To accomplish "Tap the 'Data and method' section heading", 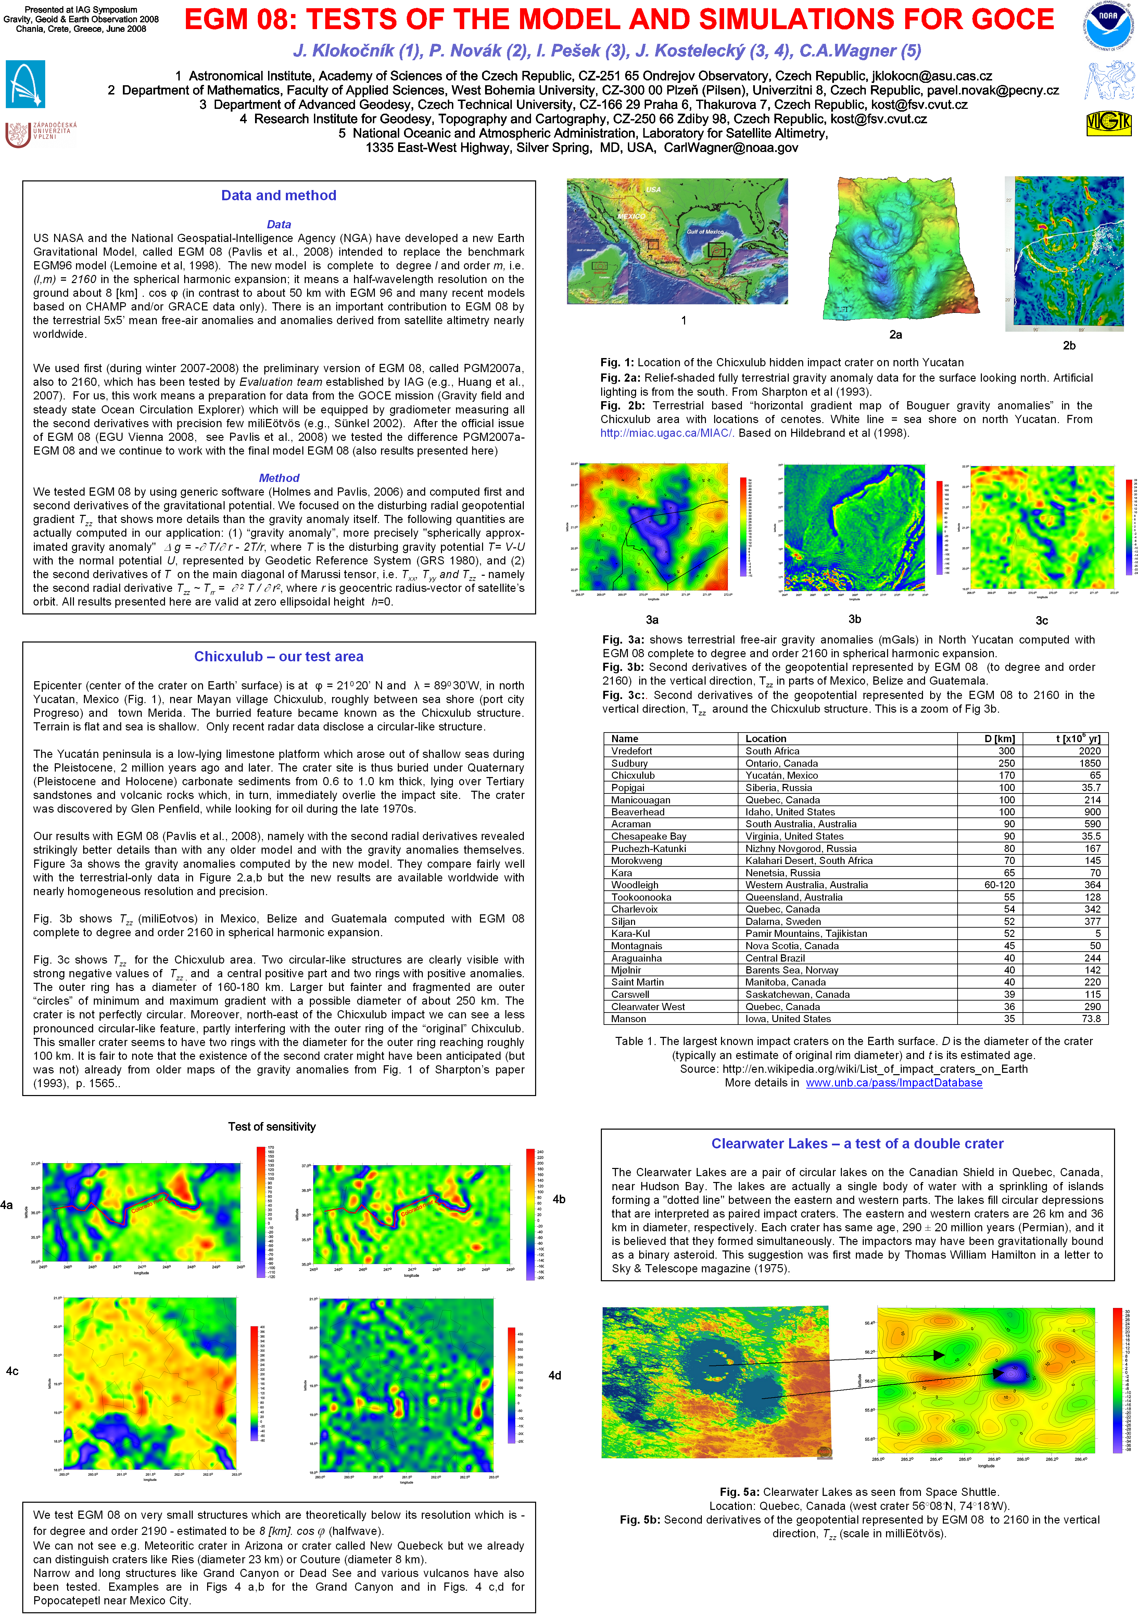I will [x=279, y=195].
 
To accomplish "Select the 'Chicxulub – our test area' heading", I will [x=279, y=656].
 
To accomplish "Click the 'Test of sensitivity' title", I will [x=271, y=1126].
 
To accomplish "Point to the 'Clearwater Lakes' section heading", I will [x=857, y=1143].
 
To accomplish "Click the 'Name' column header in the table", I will [x=624, y=739].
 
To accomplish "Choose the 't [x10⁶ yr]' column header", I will [x=1077, y=739].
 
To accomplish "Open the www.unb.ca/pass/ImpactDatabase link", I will [x=893, y=1082].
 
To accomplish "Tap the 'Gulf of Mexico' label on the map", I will [x=705, y=231].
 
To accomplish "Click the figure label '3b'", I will [x=855, y=619].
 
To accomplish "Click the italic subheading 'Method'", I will [x=279, y=478].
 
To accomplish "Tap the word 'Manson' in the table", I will [x=628, y=1018].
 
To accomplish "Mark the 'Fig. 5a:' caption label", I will [x=739, y=1492].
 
